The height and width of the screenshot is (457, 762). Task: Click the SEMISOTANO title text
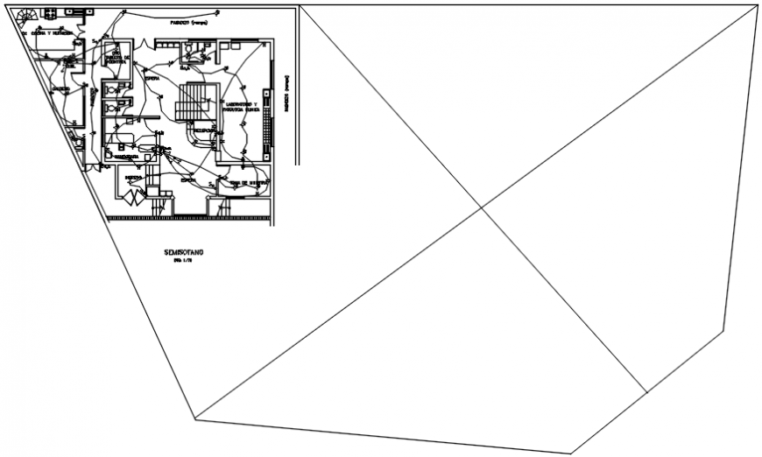pyautogui.click(x=183, y=252)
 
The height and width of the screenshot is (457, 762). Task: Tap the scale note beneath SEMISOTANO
pyautogui.click(x=182, y=261)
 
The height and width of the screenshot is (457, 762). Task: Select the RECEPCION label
pyautogui.click(x=204, y=129)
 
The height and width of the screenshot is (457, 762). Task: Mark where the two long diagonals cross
pyautogui.click(x=481, y=207)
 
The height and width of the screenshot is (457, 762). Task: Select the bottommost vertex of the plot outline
pyautogui.click(x=572, y=453)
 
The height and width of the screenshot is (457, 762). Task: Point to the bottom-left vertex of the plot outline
pyautogui.click(x=195, y=419)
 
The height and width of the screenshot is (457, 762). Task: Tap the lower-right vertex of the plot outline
pyautogui.click(x=723, y=330)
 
